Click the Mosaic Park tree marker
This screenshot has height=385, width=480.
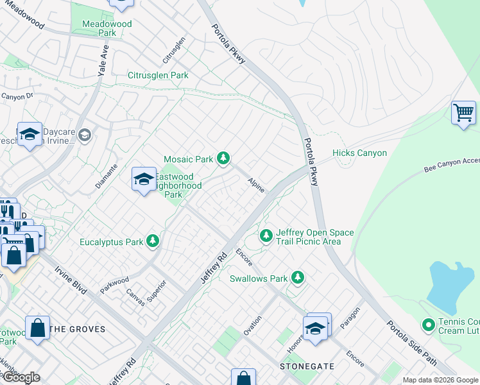pyautogui.click(x=223, y=158)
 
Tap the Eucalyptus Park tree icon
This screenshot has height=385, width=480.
pyautogui.click(x=153, y=241)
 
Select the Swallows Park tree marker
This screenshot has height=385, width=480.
pyautogui.click(x=297, y=278)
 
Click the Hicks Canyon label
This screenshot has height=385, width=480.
pyautogui.click(x=359, y=153)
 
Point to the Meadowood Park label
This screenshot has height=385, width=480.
pyautogui.click(x=107, y=28)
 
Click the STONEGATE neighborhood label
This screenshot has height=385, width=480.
pyautogui.click(x=307, y=366)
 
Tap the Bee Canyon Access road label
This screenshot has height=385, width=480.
pyautogui.click(x=452, y=167)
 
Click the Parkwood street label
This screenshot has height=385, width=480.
pyautogui.click(x=114, y=286)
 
